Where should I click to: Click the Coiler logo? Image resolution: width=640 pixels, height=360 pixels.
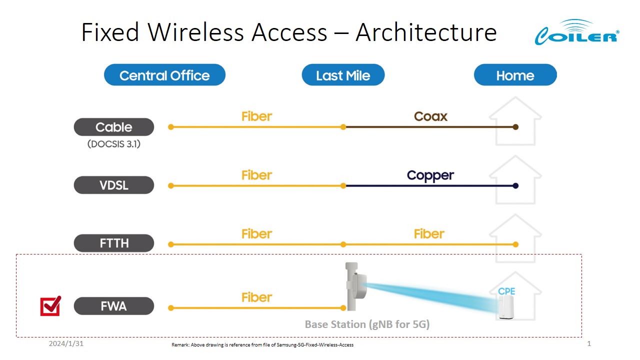click(x=576, y=32)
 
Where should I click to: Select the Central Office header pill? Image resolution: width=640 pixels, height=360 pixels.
click(x=164, y=75)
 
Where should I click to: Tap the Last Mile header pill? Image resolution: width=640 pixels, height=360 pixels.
click(x=343, y=75)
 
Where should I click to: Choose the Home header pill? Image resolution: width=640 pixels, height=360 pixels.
click(x=515, y=75)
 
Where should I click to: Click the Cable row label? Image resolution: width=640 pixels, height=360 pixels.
click(x=114, y=127)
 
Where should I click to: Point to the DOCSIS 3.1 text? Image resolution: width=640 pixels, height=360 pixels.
click(x=114, y=144)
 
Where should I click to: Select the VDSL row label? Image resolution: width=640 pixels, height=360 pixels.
click(x=114, y=185)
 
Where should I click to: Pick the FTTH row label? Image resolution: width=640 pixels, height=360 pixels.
click(x=114, y=243)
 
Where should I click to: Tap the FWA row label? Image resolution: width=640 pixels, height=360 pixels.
click(x=114, y=306)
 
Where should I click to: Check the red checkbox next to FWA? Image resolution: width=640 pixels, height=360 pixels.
click(x=50, y=306)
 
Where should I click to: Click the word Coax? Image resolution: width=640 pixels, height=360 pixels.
click(x=430, y=116)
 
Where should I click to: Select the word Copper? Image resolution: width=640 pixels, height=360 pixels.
click(x=430, y=175)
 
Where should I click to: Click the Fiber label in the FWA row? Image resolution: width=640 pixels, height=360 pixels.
click(x=256, y=297)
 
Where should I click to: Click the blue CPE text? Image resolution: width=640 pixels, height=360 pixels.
click(x=506, y=291)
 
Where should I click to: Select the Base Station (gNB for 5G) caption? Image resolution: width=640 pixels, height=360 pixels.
click(x=367, y=324)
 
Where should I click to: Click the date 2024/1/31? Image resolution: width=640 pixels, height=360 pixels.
click(x=66, y=344)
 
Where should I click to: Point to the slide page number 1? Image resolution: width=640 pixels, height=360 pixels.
click(x=589, y=344)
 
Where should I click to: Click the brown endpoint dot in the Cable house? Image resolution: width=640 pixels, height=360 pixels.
click(x=516, y=127)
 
